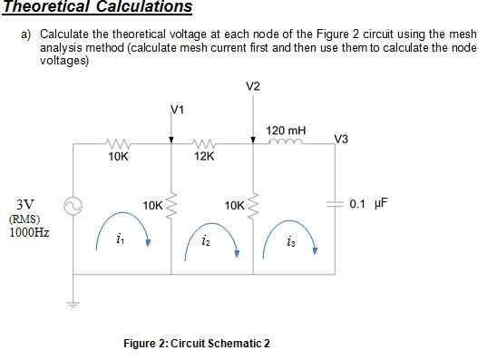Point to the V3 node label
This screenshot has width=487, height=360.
pos(342,139)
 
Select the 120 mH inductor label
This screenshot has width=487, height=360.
pos(287,131)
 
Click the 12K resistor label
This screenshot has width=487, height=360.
pos(204,157)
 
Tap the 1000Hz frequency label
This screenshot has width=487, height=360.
pos(29,232)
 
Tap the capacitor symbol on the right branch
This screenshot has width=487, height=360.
pos(332,203)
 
